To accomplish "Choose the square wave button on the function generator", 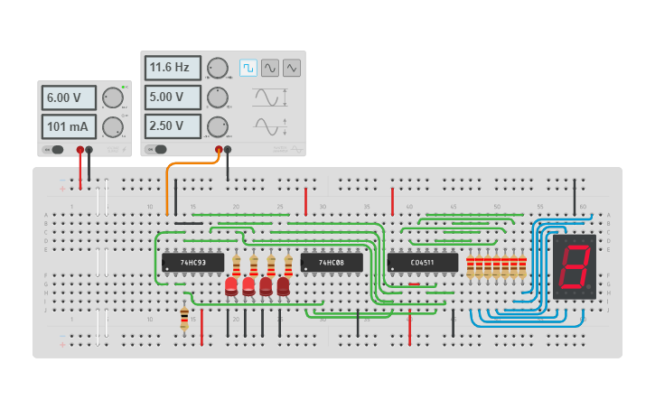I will pyautogui.click(x=248, y=68).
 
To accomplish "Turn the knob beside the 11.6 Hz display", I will pyautogui.click(x=218, y=68).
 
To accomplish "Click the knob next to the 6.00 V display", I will pyautogui.click(x=112, y=98).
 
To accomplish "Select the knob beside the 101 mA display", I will pyautogui.click(x=112, y=125).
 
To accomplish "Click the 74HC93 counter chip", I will pyautogui.click(x=192, y=263).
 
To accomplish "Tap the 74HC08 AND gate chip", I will pyautogui.click(x=332, y=263).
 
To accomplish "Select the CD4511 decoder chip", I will pyautogui.click(x=422, y=263).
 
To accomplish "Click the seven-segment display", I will pyautogui.click(x=575, y=267).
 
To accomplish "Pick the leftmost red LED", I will pyautogui.click(x=231, y=286).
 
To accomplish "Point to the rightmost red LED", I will pyautogui.click(x=283, y=286).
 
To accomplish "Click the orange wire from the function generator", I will pyautogui.click(x=168, y=185).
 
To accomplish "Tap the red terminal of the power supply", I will pyautogui.click(x=80, y=150).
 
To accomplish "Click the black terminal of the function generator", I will pyautogui.click(x=228, y=150).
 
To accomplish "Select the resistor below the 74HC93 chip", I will pyautogui.click(x=184, y=318).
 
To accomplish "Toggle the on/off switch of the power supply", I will pyautogui.click(x=55, y=150).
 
